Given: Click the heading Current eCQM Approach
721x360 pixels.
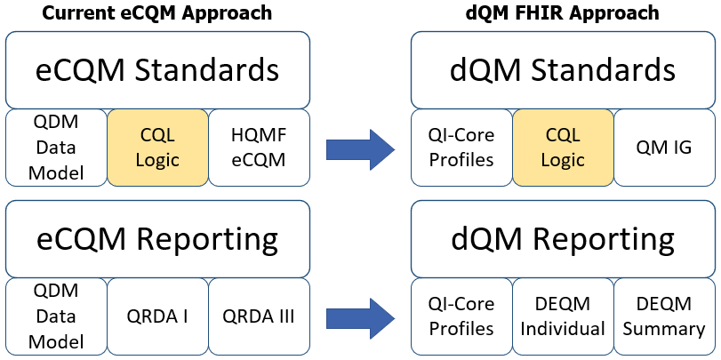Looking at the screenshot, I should [x=157, y=12].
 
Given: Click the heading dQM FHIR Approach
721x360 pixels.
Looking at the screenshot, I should [x=564, y=12].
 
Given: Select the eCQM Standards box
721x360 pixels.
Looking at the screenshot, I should [x=157, y=69].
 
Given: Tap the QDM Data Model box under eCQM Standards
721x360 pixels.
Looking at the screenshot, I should [x=56, y=148].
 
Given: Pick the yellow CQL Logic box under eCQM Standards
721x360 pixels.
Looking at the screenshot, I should [x=157, y=148].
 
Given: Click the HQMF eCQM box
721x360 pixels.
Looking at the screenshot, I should [x=259, y=148].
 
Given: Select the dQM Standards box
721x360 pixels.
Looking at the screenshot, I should [x=563, y=69].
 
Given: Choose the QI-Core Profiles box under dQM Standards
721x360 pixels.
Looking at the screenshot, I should [x=461, y=148].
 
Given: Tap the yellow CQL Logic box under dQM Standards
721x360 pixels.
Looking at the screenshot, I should [x=563, y=148].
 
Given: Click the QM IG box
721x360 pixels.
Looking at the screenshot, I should [x=664, y=148].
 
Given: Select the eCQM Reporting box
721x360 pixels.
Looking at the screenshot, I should [x=157, y=239].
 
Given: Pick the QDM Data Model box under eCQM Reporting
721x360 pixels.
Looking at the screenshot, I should [x=56, y=316].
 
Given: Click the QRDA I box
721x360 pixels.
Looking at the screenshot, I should [x=157, y=316].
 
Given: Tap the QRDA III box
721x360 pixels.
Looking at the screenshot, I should [x=259, y=316].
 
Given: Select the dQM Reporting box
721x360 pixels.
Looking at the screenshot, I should [x=563, y=239].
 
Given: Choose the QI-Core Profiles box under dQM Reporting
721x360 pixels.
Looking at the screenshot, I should [x=461, y=316].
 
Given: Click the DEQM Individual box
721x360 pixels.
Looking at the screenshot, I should [x=563, y=316].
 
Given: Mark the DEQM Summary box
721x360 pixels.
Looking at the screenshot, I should [x=664, y=316].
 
